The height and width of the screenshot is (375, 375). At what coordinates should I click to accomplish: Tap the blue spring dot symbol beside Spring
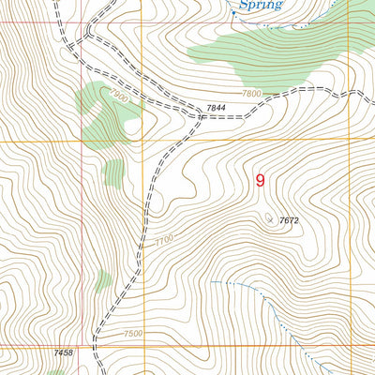coord(233,12)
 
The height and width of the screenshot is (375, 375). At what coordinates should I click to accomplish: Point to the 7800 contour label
coord(251,94)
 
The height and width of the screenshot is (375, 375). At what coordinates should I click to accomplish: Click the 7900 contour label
coord(117,97)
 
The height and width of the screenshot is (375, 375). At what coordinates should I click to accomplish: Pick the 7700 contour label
coord(164,242)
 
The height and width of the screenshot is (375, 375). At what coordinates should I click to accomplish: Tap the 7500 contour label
coord(133,334)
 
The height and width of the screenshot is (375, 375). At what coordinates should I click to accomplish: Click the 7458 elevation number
coord(64,352)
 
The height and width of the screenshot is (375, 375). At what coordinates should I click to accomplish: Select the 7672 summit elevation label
coord(289,220)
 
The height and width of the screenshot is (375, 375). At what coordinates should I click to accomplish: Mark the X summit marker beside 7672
coord(270,219)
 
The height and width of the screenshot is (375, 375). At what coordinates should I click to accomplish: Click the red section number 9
coord(260,181)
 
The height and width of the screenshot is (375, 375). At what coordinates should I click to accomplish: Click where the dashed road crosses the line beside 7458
coord(97,345)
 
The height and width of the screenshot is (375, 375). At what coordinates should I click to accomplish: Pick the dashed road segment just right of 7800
coord(281,97)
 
